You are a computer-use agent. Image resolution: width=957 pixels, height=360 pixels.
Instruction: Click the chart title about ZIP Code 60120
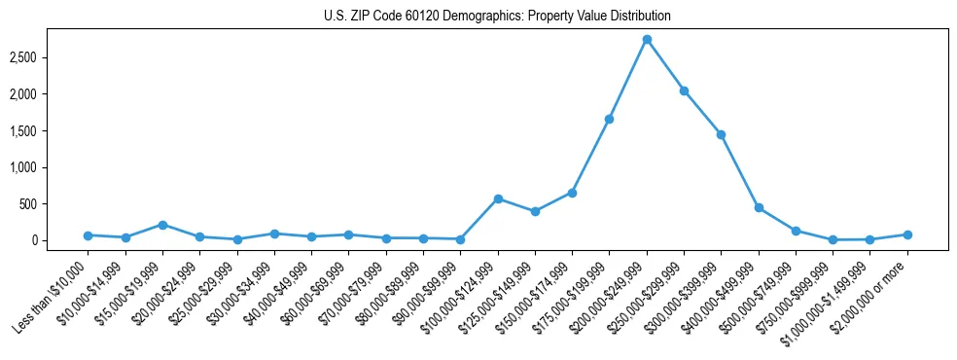click(497, 17)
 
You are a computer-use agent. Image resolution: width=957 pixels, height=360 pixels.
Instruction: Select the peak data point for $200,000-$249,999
click(647, 39)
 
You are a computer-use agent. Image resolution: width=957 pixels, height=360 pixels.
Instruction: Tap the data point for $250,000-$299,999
click(684, 90)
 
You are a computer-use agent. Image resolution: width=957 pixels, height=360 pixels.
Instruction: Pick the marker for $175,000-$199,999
click(609, 119)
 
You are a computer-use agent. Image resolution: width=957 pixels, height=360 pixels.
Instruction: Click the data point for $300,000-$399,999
click(721, 134)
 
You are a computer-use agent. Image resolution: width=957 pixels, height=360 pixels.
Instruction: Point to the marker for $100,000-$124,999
click(498, 198)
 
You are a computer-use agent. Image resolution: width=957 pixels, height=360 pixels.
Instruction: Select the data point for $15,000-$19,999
click(162, 225)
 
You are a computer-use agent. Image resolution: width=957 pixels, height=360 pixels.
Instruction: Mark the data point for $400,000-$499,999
click(759, 207)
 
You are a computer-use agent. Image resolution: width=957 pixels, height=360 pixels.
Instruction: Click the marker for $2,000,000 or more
click(907, 234)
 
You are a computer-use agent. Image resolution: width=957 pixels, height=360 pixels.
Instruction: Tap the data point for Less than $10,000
click(88, 235)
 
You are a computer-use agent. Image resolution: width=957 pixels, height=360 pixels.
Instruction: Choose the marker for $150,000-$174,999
click(572, 193)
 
